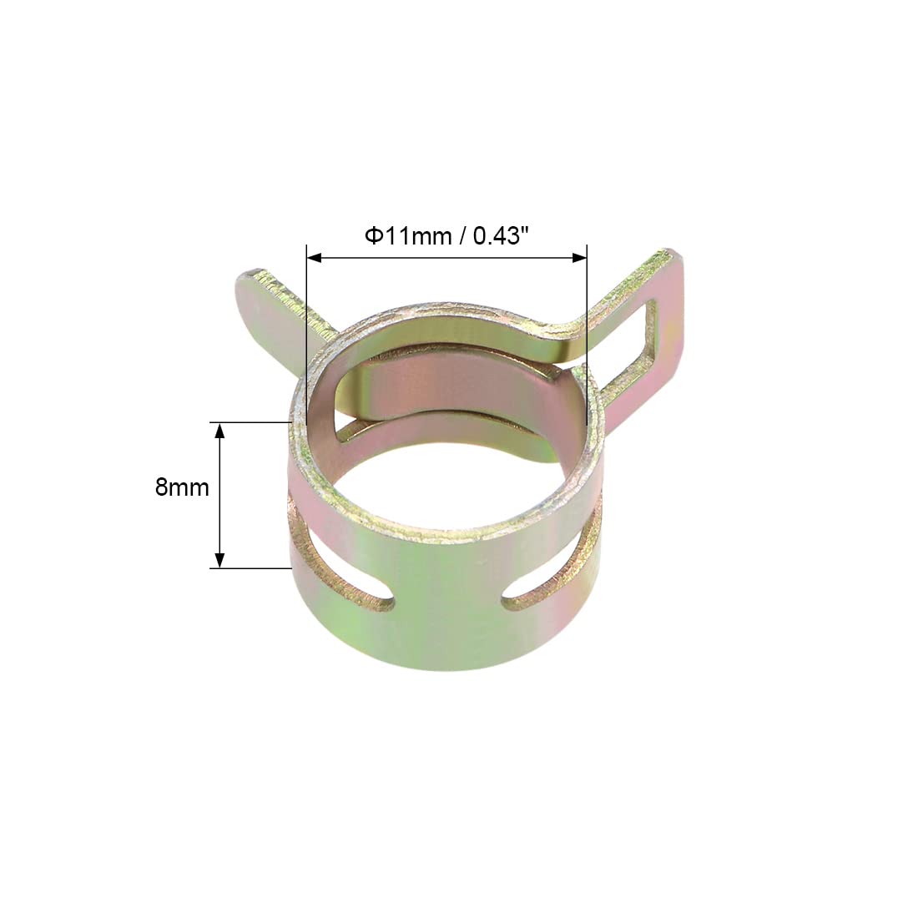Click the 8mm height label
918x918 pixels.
pos(181,487)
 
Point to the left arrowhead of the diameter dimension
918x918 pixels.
pos(315,257)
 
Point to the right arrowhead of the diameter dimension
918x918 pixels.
pos(579,257)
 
